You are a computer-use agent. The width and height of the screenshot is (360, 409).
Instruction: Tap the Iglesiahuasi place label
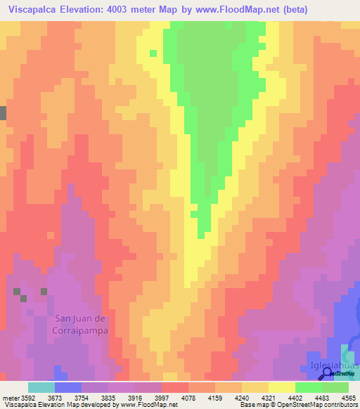(334, 367)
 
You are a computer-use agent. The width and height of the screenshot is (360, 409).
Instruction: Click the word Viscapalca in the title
(33, 11)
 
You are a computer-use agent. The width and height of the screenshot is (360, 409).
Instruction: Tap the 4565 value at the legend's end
(349, 398)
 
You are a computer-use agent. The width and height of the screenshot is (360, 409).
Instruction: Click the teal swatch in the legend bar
(41, 387)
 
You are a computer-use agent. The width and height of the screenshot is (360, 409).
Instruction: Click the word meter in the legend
(10, 398)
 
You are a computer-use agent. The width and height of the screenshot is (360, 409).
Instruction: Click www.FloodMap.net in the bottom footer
(150, 405)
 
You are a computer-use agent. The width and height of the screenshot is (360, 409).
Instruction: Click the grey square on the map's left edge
(3, 113)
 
